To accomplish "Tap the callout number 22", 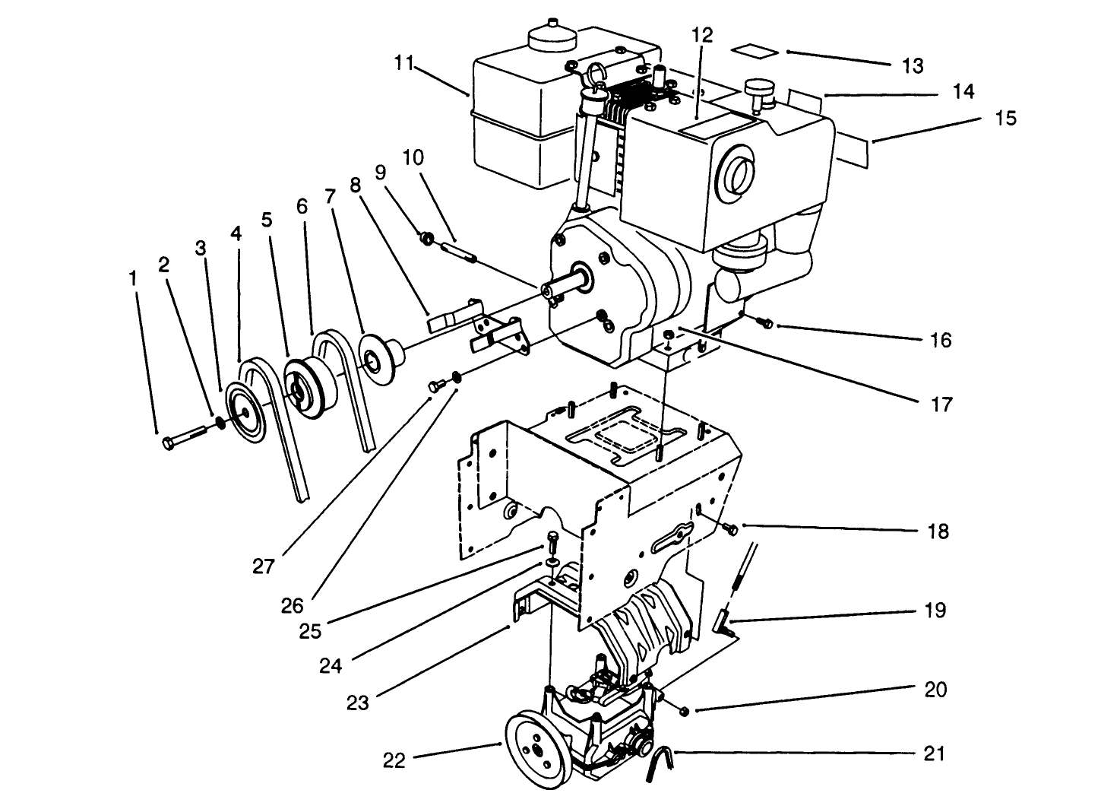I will click(394, 760).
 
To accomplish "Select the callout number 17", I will click(941, 404).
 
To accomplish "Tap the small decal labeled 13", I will click(754, 50).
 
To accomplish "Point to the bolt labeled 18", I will click(730, 528).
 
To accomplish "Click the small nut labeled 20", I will click(683, 711).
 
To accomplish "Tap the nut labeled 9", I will click(427, 240).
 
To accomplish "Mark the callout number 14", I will click(963, 91).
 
